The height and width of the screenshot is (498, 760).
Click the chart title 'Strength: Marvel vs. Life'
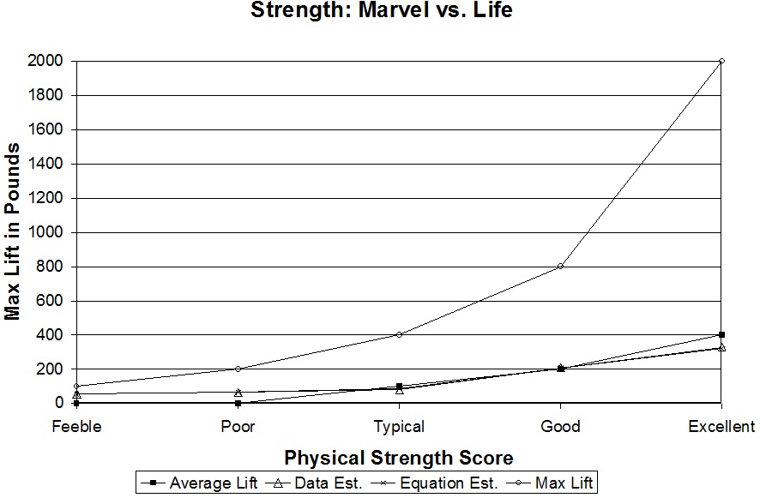coord(381,12)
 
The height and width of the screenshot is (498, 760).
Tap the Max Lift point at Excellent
coord(721,61)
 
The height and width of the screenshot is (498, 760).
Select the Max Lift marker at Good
coord(560,266)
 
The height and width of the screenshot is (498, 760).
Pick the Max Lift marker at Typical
coord(399,334)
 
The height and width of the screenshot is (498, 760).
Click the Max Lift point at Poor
coord(238,369)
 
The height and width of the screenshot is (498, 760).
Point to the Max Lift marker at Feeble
coord(76,386)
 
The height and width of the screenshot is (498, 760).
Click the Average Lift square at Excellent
coord(721,334)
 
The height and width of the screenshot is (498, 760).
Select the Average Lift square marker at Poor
coord(238,403)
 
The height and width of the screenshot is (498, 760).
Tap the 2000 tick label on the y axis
coord(45,61)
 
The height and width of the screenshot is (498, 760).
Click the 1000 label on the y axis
coord(45,232)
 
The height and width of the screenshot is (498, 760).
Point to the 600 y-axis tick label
coord(50,301)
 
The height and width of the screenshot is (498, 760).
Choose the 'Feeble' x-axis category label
coord(76,427)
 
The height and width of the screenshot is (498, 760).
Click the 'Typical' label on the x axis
coord(399,427)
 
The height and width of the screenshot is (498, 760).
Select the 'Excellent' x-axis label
coord(721,427)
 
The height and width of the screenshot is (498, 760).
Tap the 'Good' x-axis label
coord(560,427)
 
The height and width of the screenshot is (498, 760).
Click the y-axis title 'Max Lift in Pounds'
coord(13,231)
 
